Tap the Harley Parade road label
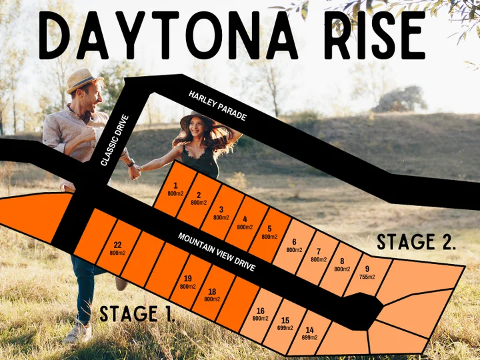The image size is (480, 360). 217,106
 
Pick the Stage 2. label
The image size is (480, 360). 417,242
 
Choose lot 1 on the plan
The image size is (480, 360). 175,189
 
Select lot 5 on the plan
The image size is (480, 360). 269,233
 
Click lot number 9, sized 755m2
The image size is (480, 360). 367,272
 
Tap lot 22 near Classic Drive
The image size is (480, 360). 117,248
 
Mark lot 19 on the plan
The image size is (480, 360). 188,281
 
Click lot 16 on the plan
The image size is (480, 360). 260,314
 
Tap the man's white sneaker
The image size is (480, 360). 77,332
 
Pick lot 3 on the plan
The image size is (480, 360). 221,213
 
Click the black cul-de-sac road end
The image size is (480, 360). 363,310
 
